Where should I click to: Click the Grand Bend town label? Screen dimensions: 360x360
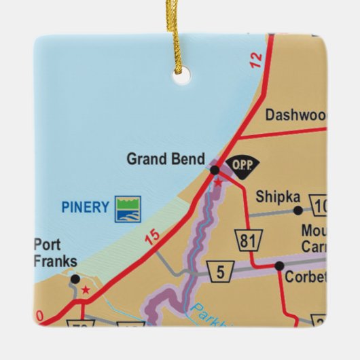[x=166, y=160]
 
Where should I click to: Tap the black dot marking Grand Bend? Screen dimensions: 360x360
[x=215, y=170]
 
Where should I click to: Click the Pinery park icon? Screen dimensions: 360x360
[x=128, y=209]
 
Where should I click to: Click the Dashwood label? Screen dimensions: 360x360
[x=295, y=115]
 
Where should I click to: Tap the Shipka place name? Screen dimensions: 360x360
[x=278, y=197]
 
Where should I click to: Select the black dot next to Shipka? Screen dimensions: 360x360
[x=298, y=211]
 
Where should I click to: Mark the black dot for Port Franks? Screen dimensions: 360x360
[x=75, y=278]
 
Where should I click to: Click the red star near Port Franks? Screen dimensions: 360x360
[x=85, y=290]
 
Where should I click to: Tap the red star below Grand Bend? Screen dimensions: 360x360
[x=218, y=182]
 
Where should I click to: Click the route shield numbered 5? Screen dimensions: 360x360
[x=221, y=272]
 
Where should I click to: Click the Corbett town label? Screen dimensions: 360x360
[x=306, y=277]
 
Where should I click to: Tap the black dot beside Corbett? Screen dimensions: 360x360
[x=279, y=266]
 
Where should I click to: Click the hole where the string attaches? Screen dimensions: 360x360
[x=179, y=78]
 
